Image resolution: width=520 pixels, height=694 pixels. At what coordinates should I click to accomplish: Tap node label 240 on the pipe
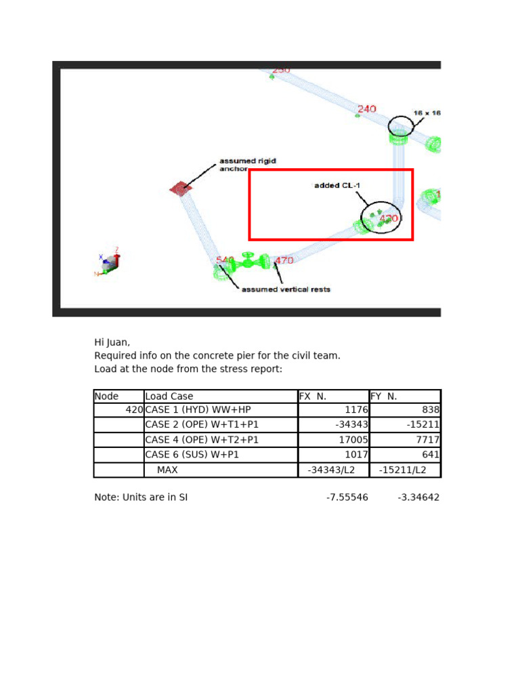coord(366,109)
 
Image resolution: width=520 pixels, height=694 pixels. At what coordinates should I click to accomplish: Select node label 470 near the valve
coord(284,260)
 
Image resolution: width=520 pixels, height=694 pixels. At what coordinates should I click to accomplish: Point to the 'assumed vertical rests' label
coord(286,289)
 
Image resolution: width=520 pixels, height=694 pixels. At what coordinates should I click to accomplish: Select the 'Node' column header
coord(106,396)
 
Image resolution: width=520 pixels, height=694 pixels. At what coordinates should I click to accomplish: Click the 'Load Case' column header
coord(169,396)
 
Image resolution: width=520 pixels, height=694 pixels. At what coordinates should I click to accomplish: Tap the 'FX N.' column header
coord(313,396)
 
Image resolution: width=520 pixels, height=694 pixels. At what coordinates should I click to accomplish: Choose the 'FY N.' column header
coord(383,396)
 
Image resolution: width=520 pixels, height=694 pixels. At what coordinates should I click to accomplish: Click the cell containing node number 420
coord(134,410)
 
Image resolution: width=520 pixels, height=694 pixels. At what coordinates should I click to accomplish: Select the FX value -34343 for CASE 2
coord(351,425)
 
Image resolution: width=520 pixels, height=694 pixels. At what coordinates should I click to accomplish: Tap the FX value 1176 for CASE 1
coord(356,410)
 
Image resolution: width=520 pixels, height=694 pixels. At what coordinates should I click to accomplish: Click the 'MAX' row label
coord(167,470)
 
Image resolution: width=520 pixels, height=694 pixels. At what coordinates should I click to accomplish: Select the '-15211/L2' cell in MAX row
coord(403,470)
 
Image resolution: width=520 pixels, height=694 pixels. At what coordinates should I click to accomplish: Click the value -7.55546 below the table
coord(347,497)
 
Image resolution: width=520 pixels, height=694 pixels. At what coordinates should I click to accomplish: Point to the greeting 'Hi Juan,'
coord(112,342)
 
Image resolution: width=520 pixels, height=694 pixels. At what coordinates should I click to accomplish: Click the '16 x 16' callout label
coord(427,113)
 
